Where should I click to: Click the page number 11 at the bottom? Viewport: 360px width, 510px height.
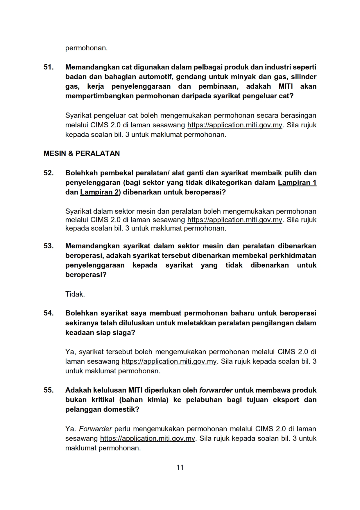tap(180, 467)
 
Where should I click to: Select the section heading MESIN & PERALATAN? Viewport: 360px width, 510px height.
tap(82, 154)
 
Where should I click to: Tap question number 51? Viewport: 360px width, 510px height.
tap(49, 67)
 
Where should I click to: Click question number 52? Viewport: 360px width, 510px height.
tap(49, 173)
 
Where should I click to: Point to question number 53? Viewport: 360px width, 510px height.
tap(49, 246)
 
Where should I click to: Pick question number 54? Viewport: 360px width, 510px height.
tap(49, 313)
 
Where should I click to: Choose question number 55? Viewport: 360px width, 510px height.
tap(49, 390)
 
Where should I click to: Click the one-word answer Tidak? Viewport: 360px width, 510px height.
tap(75, 294)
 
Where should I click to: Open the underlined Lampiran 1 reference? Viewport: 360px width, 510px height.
tap(297, 183)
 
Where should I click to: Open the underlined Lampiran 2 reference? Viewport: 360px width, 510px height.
tap(99, 192)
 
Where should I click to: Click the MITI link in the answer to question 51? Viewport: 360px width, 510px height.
tap(235, 125)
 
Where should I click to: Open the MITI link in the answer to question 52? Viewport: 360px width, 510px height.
tap(235, 220)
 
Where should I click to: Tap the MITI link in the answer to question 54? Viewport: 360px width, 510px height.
tap(169, 361)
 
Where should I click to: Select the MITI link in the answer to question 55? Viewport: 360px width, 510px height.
tap(148, 438)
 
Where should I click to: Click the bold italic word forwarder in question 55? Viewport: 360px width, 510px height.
tap(216, 390)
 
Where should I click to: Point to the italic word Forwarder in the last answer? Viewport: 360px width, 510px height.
tap(96, 429)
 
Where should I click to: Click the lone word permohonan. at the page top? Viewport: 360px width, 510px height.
tap(86, 48)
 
